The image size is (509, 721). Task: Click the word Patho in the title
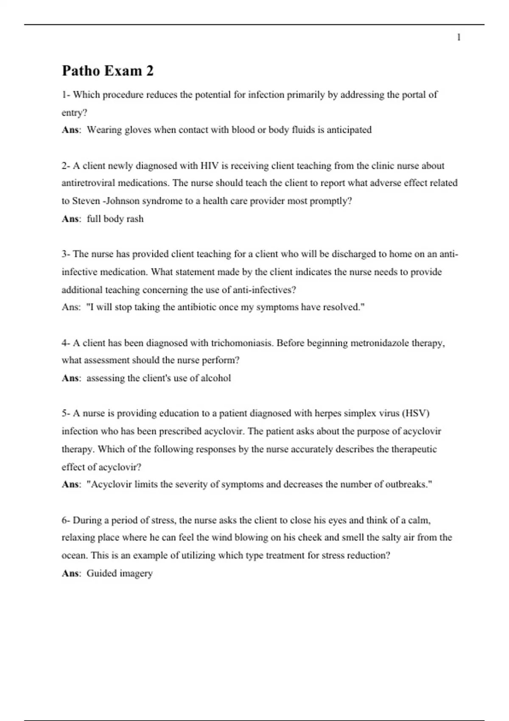click(81, 70)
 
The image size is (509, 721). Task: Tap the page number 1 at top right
click(459, 38)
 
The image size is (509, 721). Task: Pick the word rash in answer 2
click(135, 219)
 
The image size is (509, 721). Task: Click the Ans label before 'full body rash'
click(70, 219)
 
